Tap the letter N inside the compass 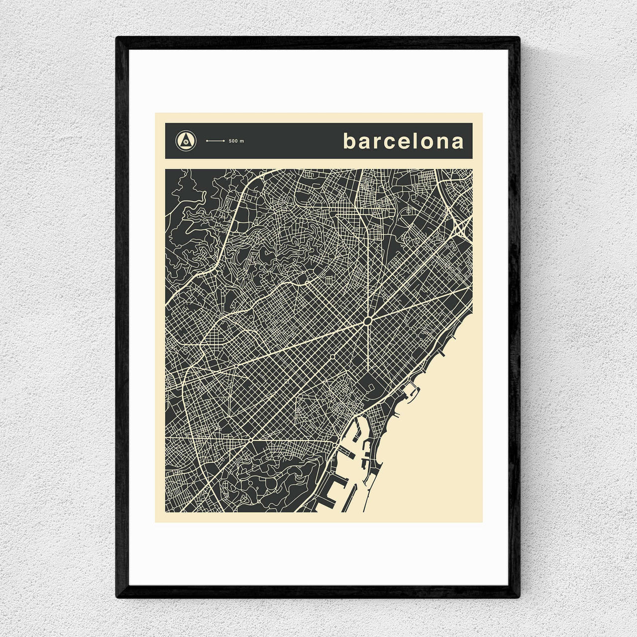pyautogui.click(x=186, y=142)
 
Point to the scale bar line pyautogui.click(x=215, y=141)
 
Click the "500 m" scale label pyautogui.click(x=236, y=141)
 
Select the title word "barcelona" pyautogui.click(x=403, y=141)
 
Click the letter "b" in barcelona pyautogui.click(x=350, y=141)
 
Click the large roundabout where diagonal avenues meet pyautogui.click(x=367, y=321)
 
